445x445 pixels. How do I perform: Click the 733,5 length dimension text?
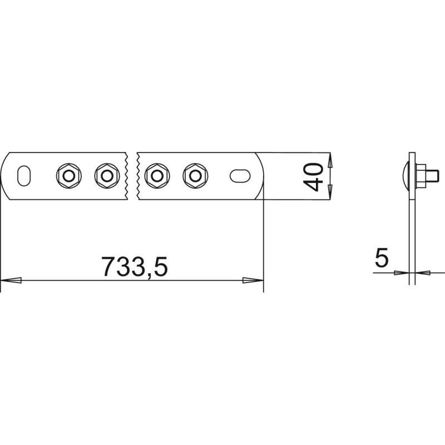pos(135,266)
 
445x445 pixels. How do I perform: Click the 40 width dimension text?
pos(313,177)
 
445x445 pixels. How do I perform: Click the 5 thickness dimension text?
pos(381,258)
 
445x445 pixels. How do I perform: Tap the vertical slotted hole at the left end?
pos(24,176)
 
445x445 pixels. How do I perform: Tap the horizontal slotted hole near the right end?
pos(240,176)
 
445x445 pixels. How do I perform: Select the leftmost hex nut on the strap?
pos(68,176)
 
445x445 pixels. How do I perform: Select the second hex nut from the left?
pos(107,176)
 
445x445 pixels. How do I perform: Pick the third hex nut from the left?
pos(157,176)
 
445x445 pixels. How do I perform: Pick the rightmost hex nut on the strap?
pos(195,176)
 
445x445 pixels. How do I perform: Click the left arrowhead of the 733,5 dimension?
pos(11,280)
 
